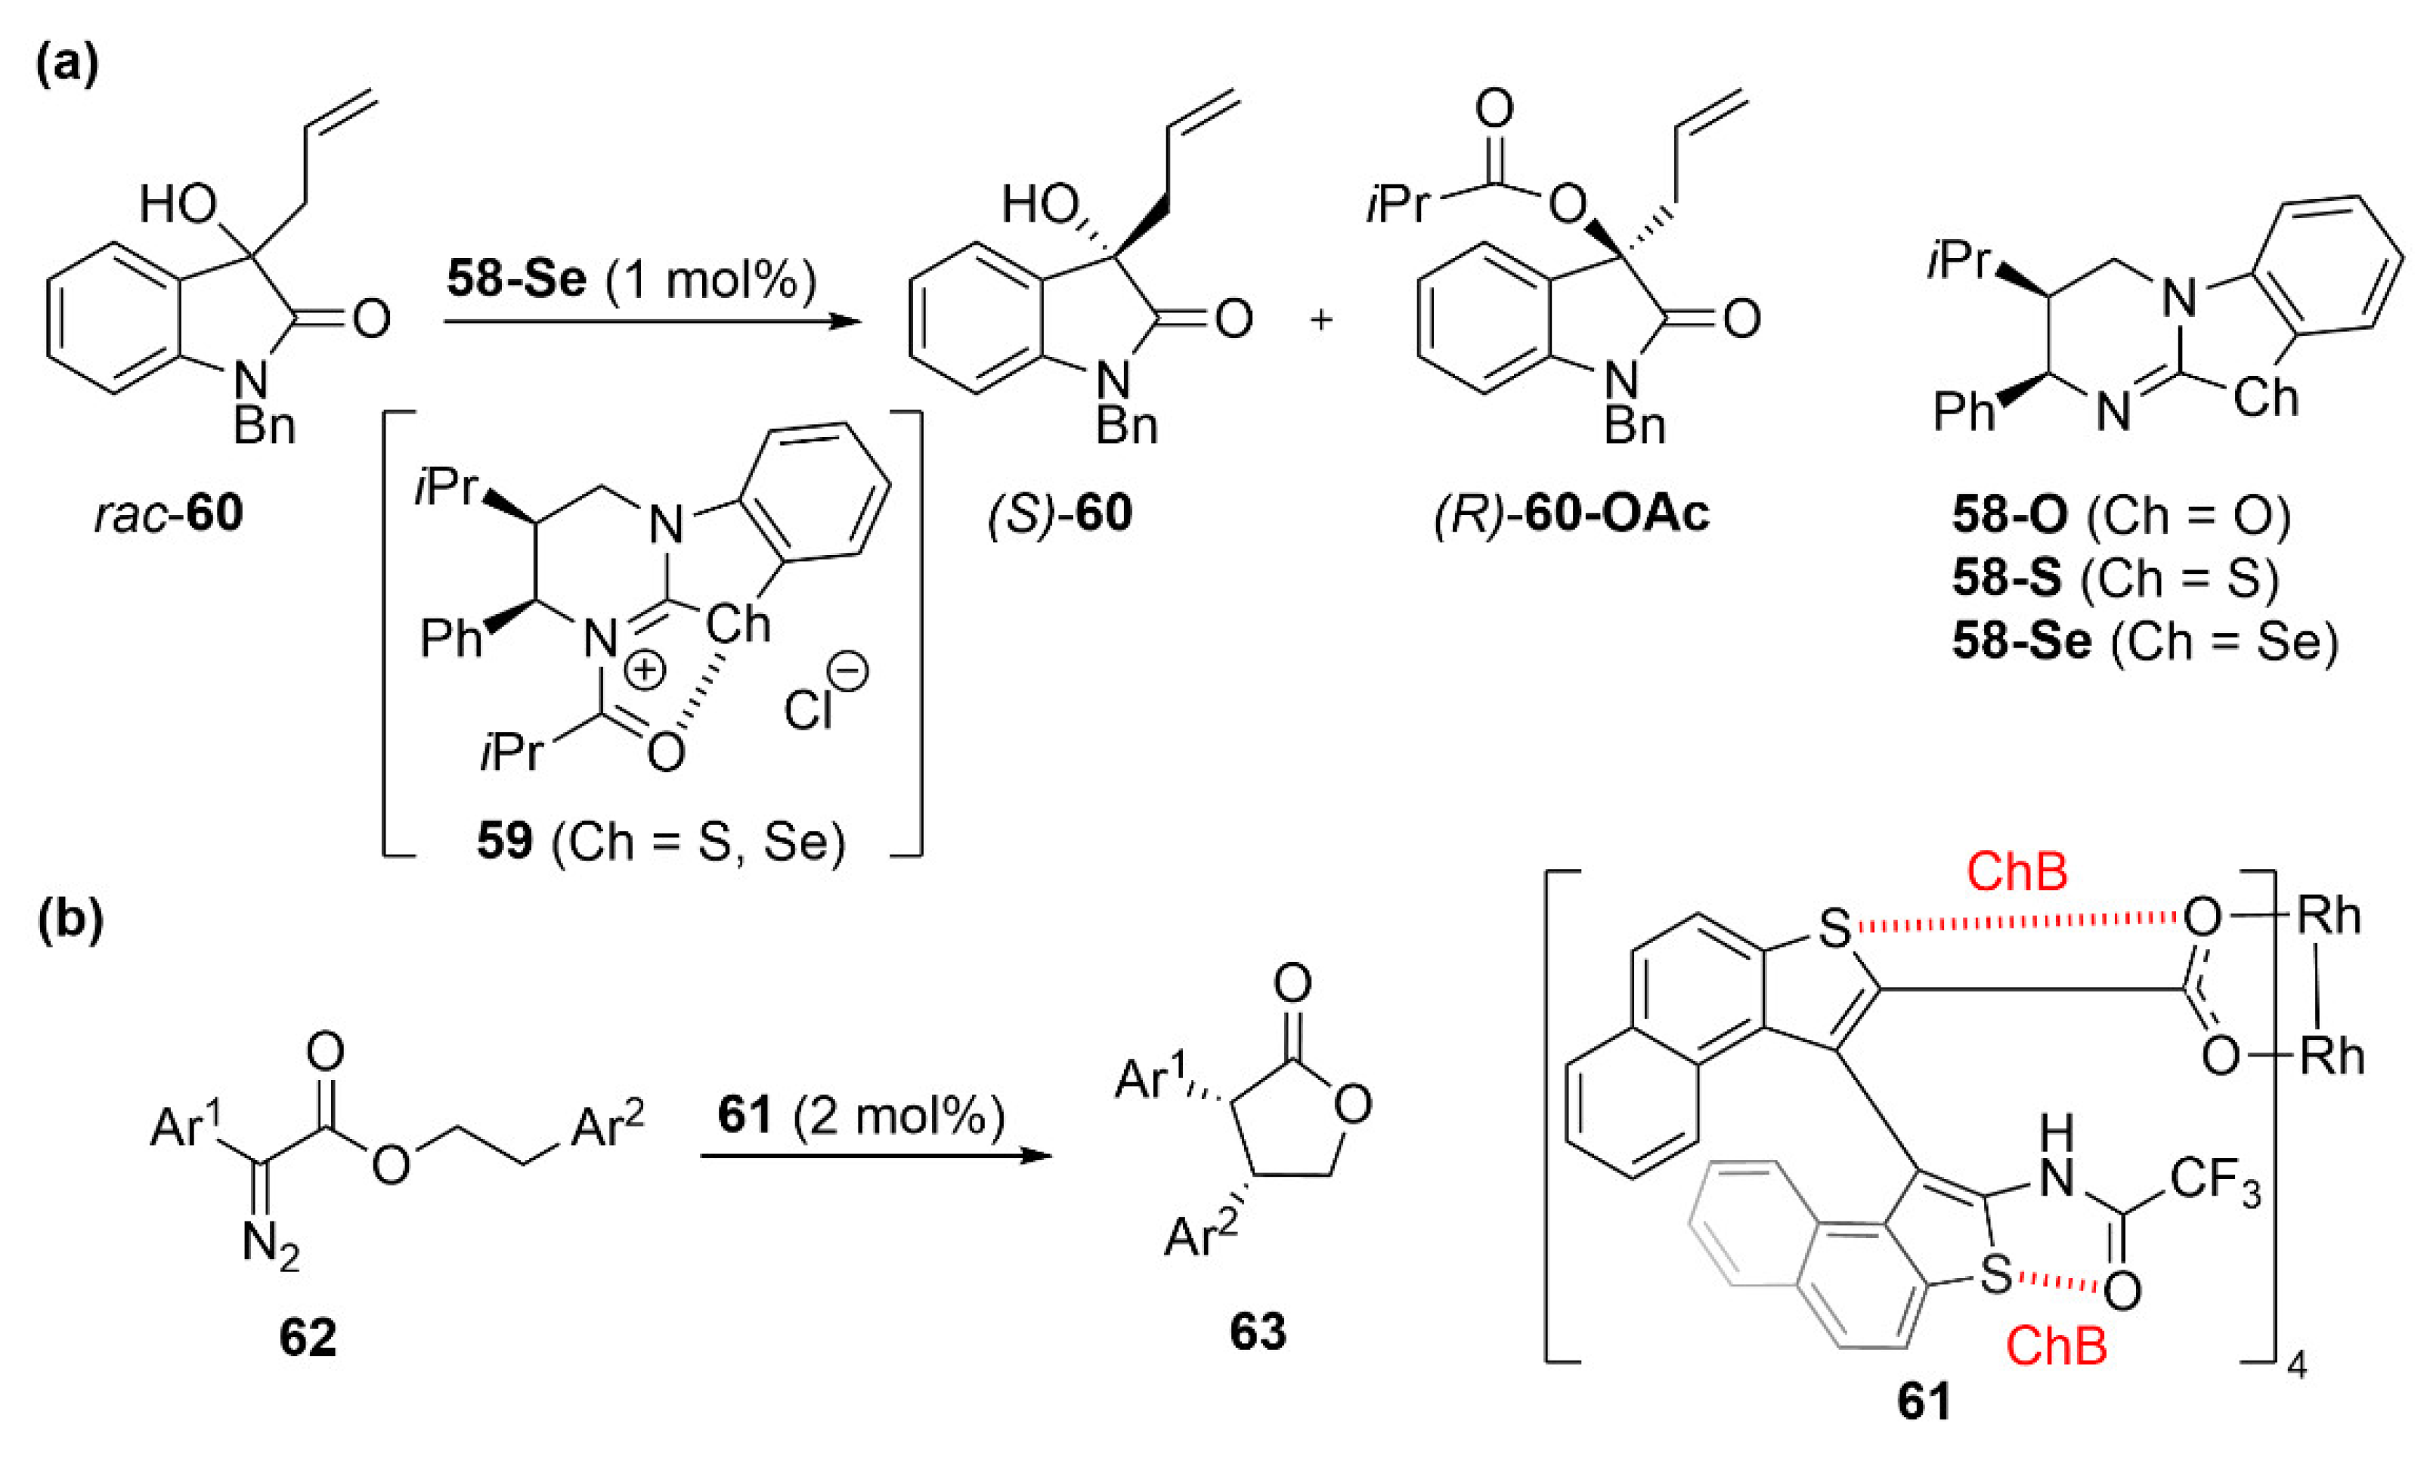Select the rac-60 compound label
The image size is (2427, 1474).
[169, 514]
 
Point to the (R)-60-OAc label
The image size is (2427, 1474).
[1571, 514]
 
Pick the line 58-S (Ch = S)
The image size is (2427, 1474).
[2116, 579]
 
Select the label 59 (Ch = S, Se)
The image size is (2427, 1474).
[661, 843]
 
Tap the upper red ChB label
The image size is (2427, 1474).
[2017, 871]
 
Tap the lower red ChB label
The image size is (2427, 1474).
[2057, 1346]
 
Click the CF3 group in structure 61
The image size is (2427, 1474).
[2215, 1178]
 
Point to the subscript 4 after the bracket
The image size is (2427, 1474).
[2296, 1367]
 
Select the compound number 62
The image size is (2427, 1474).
[308, 1337]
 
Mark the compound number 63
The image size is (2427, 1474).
[1258, 1331]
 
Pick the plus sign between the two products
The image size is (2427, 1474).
[1321, 319]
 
